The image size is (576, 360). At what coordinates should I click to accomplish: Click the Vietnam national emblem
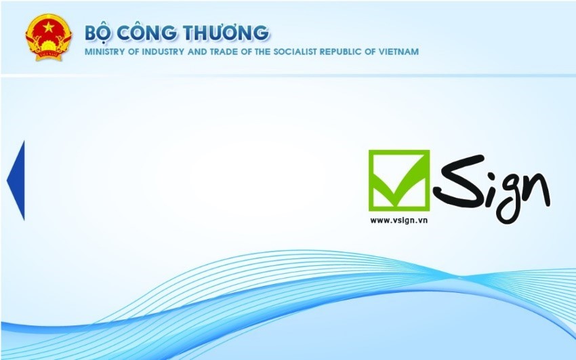point(49,37)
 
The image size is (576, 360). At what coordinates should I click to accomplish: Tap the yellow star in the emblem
point(49,27)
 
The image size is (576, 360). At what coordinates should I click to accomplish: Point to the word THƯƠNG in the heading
point(226,32)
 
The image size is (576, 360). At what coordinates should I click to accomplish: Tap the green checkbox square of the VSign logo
point(399,180)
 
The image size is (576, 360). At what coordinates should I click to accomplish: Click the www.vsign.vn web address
point(399,220)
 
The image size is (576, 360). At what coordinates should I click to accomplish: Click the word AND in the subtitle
point(197,52)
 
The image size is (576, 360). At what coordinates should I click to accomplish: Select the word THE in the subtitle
point(263,52)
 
